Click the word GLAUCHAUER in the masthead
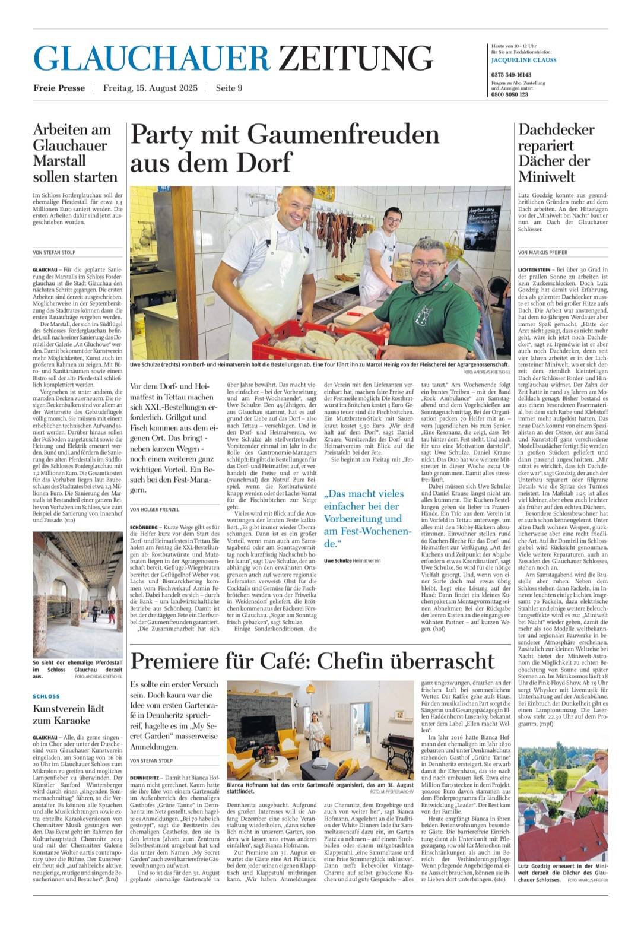[152, 58]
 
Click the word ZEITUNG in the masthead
[356, 58]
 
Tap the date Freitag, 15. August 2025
[150, 88]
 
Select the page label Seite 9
[229, 88]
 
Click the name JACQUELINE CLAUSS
[524, 60]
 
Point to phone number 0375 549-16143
[512, 75]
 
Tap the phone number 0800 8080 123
[510, 94]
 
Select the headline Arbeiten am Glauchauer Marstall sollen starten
[75, 153]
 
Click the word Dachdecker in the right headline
[556, 129]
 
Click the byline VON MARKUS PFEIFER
[542, 253]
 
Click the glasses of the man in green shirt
[427, 262]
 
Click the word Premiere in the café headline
[173, 661]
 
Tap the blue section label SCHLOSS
[46, 696]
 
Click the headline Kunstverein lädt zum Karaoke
[69, 715]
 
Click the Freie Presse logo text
[59, 88]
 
